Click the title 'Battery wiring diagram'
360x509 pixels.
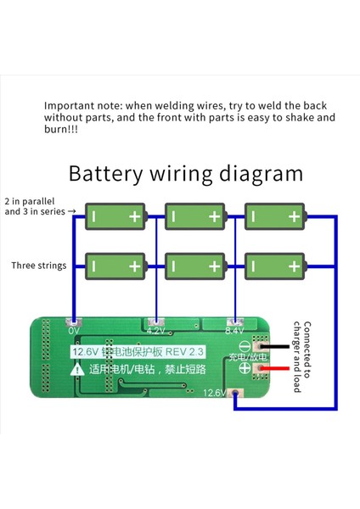coord(185,174)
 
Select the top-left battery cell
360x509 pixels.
coord(115,216)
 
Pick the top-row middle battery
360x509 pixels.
coord(194,216)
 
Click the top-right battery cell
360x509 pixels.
coord(273,216)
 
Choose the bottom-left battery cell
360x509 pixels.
coord(115,266)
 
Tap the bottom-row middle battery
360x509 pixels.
coord(194,266)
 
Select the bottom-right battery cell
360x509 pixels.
coord(273,266)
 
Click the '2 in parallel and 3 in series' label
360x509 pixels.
coord(40,206)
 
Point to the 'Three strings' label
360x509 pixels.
coord(38,266)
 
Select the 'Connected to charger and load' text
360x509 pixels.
coord(301,356)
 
